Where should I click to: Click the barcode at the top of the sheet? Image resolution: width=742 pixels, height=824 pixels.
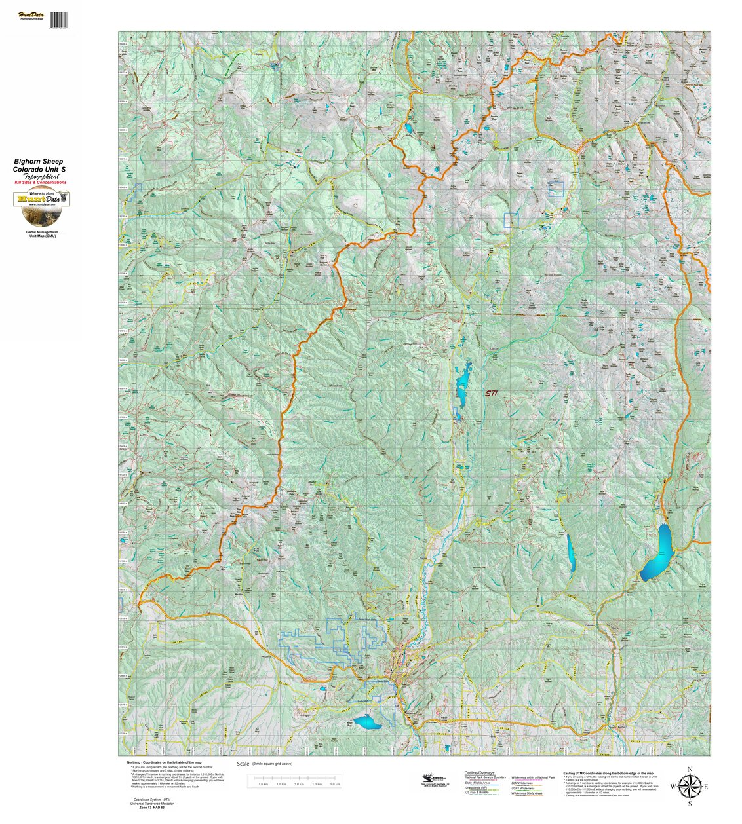click(x=58, y=20)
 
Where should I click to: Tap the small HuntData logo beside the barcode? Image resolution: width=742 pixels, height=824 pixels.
click(x=29, y=16)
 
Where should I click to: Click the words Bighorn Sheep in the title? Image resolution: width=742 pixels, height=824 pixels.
click(x=39, y=161)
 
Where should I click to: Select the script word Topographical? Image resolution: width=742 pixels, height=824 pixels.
click(x=41, y=176)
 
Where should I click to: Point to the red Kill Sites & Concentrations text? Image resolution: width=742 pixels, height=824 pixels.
click(x=41, y=183)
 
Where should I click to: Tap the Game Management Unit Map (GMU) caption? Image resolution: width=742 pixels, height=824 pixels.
click(x=41, y=234)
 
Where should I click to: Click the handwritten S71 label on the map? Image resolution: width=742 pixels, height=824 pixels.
click(x=491, y=394)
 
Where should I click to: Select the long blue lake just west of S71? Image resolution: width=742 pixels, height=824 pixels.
click(x=463, y=383)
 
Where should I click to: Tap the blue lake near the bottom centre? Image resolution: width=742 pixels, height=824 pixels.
click(x=367, y=722)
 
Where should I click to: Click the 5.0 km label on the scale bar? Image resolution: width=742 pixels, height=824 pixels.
click(x=299, y=783)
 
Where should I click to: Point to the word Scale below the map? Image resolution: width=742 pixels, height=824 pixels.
click(x=244, y=764)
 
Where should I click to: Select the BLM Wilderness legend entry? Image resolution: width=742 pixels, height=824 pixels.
click(x=522, y=783)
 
